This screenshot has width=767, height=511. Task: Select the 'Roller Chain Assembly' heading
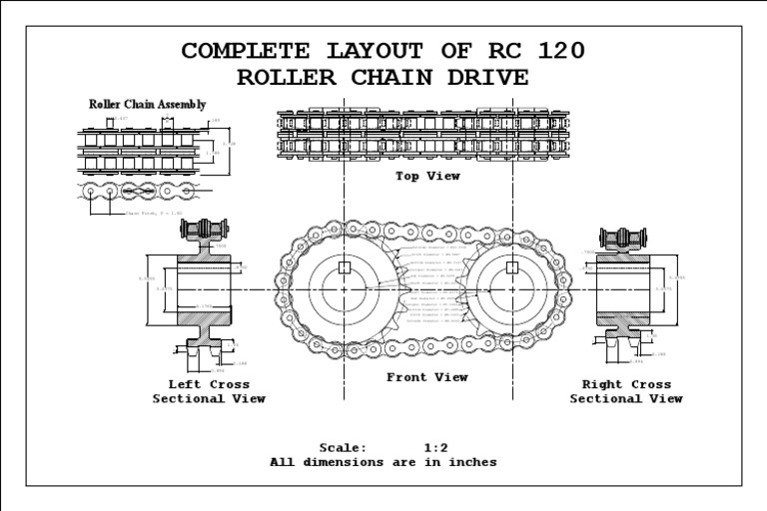[x=148, y=104]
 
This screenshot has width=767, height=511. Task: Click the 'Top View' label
[x=427, y=177]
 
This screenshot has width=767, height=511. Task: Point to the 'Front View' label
[x=427, y=377]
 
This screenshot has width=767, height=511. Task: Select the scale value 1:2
[x=435, y=448]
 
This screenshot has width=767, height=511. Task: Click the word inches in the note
[x=472, y=462]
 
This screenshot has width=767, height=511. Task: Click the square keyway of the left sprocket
[x=344, y=267]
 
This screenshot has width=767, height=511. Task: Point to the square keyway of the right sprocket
[x=512, y=267]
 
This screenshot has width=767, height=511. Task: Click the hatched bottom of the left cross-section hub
[x=205, y=319]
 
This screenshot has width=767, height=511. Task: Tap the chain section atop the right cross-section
[x=624, y=238]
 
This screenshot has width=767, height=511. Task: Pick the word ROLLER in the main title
[x=290, y=77]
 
